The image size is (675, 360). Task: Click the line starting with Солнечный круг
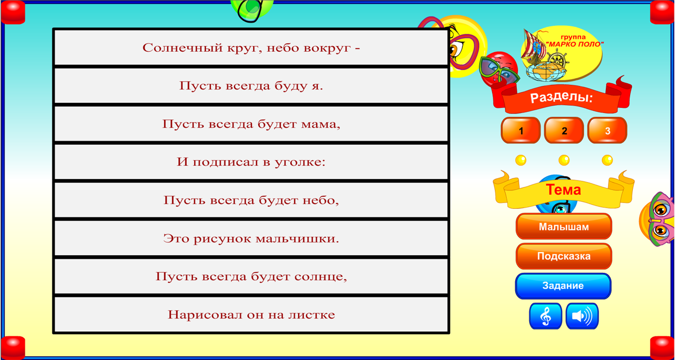[x=251, y=47]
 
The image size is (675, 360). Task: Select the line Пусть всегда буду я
[x=251, y=85]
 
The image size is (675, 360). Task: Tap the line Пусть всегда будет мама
[x=251, y=124]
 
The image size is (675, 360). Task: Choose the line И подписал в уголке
[x=251, y=162]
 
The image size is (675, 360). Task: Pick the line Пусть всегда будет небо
[x=251, y=200]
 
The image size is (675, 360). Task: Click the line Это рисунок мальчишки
[x=251, y=238]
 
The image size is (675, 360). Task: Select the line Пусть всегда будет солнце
[x=251, y=276]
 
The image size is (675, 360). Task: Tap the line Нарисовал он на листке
[x=251, y=314]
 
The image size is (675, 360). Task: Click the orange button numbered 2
[x=564, y=131]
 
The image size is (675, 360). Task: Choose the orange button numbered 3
[x=607, y=131]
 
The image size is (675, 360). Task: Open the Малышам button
[x=564, y=227]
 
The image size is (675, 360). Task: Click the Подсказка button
[x=564, y=256]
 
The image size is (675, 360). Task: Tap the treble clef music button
[x=545, y=316]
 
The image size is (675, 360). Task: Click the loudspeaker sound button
[x=582, y=316]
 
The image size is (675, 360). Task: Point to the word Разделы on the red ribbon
[x=561, y=98]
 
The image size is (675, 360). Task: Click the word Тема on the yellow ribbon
[x=563, y=190]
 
